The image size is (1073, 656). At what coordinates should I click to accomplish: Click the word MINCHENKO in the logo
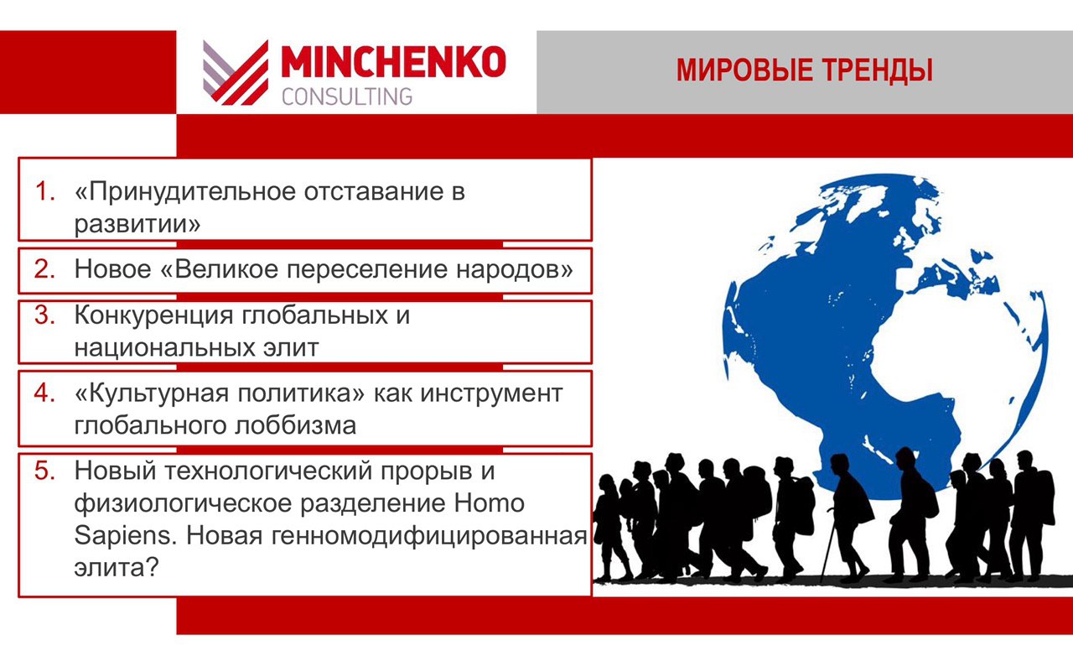pyautogui.click(x=393, y=61)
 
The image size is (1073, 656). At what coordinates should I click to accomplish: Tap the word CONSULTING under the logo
pyautogui.click(x=347, y=96)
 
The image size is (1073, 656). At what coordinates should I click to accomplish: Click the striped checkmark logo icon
pyautogui.click(x=236, y=72)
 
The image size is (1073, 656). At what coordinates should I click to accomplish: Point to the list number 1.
pyautogui.click(x=44, y=191)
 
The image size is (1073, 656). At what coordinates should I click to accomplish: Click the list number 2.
pyautogui.click(x=44, y=268)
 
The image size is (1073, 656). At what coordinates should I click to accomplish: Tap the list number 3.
pyautogui.click(x=44, y=315)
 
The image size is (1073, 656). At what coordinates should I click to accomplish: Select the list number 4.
pyautogui.click(x=44, y=393)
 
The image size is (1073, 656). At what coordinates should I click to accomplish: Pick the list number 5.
pyautogui.click(x=44, y=471)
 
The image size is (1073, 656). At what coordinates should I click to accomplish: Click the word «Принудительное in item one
pyautogui.click(x=185, y=193)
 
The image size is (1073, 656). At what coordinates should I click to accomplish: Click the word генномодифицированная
pyautogui.click(x=429, y=536)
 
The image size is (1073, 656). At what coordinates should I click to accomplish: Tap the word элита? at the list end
pyautogui.click(x=116, y=568)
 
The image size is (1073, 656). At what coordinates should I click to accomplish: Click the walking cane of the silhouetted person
pyautogui.click(x=827, y=551)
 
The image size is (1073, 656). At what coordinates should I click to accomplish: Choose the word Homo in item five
pyautogui.click(x=489, y=503)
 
